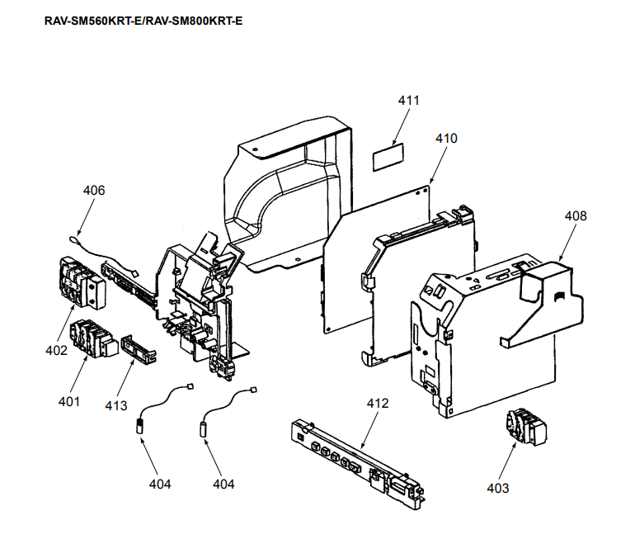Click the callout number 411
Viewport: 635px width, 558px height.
click(x=408, y=101)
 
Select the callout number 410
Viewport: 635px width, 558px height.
click(x=446, y=139)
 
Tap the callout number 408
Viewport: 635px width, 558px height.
click(x=576, y=215)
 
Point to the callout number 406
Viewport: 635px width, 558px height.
click(x=94, y=190)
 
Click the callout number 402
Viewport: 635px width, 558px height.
click(x=56, y=350)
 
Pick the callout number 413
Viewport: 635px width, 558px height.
click(x=116, y=405)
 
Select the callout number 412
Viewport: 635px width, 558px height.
click(x=378, y=404)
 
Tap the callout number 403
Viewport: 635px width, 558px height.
click(x=497, y=488)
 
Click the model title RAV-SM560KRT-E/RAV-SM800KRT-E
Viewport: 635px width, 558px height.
click(x=142, y=20)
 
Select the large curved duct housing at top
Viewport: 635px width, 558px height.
click(x=289, y=190)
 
